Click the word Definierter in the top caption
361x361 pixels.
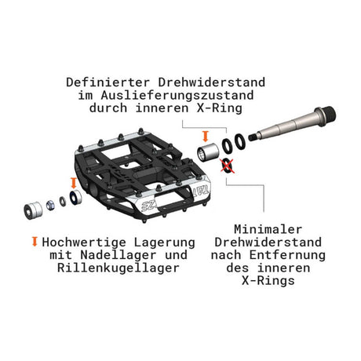tap(108, 82)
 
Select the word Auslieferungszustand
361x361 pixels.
tap(177, 95)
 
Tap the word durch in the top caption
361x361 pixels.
tap(108, 108)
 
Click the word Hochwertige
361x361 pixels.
tap(84, 242)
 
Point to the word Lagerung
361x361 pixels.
tap(165, 242)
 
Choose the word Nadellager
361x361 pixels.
tap(119, 255)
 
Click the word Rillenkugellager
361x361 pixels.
tap(119, 268)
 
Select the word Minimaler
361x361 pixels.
tap(268, 229)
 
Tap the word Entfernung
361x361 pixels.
tap(287, 255)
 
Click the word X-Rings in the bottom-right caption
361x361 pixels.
tap(268, 280)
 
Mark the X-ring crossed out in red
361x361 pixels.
tap(227, 166)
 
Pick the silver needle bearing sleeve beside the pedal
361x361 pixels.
tap(208, 152)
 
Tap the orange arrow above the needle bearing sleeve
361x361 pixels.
tap(206, 137)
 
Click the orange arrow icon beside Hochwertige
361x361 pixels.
tap(35, 242)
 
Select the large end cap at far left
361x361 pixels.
tap(33, 210)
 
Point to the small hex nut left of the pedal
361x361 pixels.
tap(50, 205)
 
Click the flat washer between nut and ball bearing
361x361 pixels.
tap(63, 201)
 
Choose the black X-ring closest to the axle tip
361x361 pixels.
tap(239, 141)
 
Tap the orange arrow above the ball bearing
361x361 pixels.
tap(74, 183)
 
